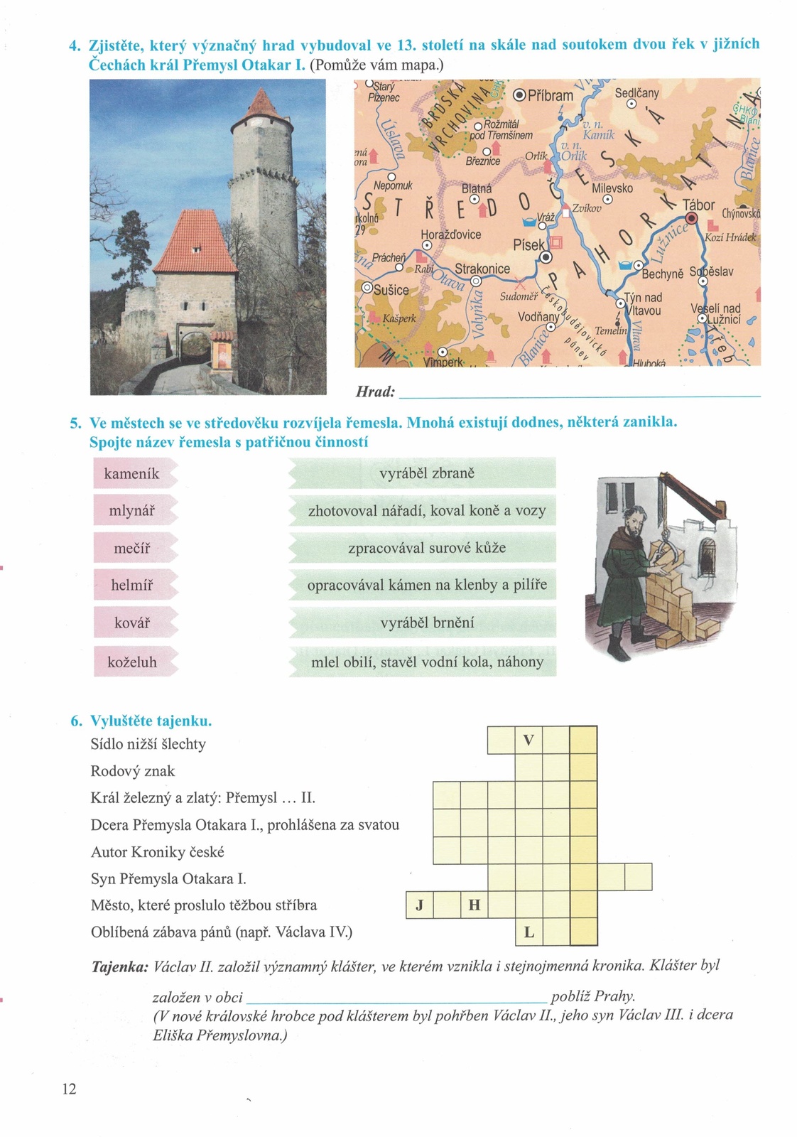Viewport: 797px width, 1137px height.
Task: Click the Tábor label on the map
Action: pos(698,205)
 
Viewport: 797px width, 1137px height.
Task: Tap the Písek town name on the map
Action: pos(528,245)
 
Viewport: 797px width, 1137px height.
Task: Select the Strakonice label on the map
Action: pos(482,269)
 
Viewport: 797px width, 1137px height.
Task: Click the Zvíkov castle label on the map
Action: pos(587,209)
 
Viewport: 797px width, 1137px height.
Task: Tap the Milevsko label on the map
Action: pos(612,188)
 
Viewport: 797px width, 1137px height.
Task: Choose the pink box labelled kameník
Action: pos(132,473)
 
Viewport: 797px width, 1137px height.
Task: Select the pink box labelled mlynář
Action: pos(132,511)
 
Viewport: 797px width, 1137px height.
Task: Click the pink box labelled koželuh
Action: pos(132,662)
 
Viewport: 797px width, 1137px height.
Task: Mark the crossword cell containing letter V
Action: pos(528,740)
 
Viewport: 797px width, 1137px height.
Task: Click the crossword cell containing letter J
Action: pos(419,905)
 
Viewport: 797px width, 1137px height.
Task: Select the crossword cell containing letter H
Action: pos(475,905)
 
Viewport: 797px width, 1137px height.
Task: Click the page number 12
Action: pos(69,1089)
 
